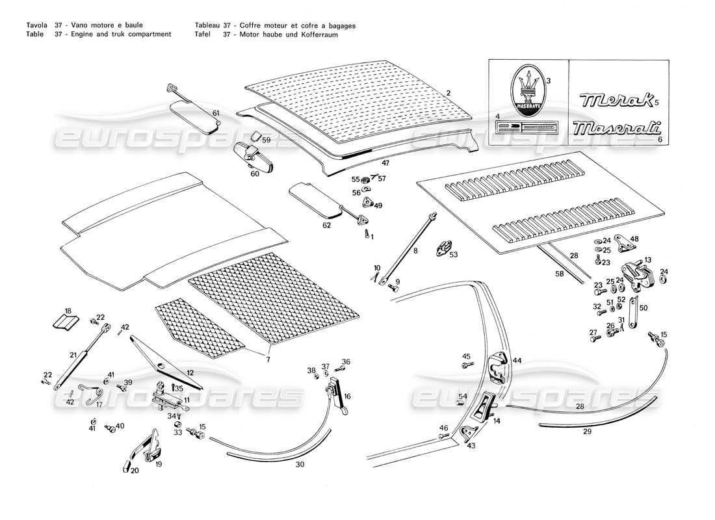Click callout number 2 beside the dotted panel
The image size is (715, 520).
448,93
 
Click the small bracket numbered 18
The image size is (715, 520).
66,322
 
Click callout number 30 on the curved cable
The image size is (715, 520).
300,465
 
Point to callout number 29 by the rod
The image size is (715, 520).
587,432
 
